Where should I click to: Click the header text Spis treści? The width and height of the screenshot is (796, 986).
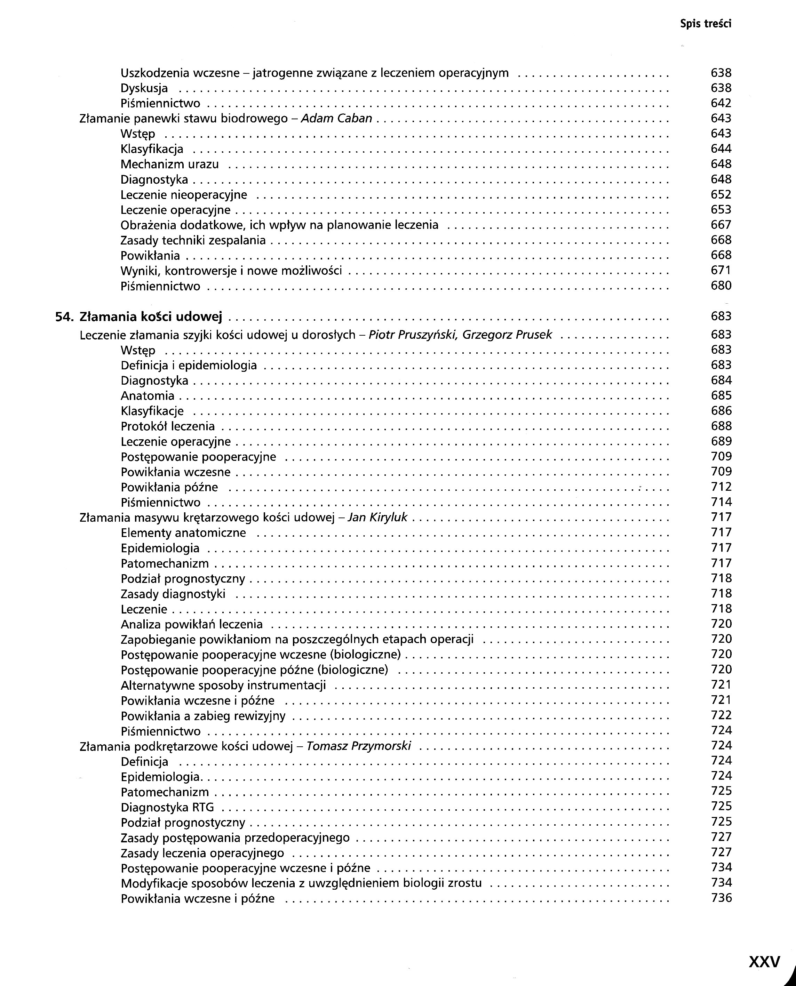click(x=705, y=24)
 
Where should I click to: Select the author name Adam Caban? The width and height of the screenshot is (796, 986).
click(x=336, y=118)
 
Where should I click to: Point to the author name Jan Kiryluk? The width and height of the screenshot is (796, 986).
click(x=378, y=518)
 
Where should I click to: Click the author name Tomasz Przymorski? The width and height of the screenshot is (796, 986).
click(x=359, y=746)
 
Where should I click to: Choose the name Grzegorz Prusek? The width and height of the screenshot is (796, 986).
click(x=507, y=335)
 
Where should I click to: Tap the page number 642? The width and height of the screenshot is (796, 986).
click(x=721, y=103)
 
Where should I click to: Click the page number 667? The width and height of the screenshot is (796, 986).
click(x=721, y=225)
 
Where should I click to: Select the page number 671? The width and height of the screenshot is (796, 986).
click(x=721, y=271)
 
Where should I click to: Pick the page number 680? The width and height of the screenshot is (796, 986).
click(x=721, y=286)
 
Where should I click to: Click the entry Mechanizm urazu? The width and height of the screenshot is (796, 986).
click(x=170, y=164)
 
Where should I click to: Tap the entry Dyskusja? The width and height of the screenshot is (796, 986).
click(x=144, y=88)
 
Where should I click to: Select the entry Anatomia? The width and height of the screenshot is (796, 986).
click(x=148, y=395)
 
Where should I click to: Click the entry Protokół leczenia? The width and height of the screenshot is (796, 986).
click(x=168, y=426)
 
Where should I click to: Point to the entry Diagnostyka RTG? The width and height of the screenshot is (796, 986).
click(x=167, y=807)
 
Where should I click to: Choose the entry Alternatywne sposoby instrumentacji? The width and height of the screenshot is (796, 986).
click(x=223, y=685)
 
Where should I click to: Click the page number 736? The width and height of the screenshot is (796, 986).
click(x=721, y=898)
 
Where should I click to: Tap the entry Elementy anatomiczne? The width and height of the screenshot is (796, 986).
click(x=183, y=533)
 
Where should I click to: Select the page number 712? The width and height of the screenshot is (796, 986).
click(x=721, y=487)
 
